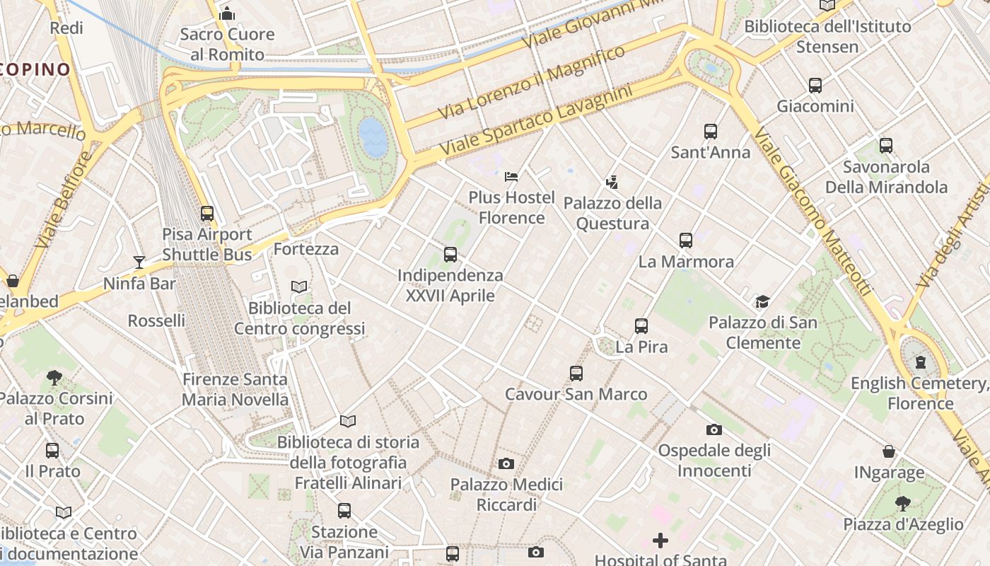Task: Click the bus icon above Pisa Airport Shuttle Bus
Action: tap(206, 213)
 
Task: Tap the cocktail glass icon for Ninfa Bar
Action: tap(139, 262)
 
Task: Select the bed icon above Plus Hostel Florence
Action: tap(511, 176)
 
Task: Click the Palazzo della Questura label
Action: tap(612, 214)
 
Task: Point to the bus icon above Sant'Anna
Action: tap(711, 132)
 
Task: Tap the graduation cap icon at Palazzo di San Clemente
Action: tap(762, 302)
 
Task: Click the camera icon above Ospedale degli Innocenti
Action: tap(714, 429)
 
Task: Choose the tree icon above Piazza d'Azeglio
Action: tap(902, 504)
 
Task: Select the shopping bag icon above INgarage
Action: tap(889, 451)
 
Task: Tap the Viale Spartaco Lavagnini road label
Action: tap(535, 122)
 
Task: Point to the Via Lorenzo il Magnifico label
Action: tap(531, 82)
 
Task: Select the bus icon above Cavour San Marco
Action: tap(576, 374)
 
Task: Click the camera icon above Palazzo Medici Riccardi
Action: tap(506, 464)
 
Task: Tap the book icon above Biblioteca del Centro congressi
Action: tap(299, 287)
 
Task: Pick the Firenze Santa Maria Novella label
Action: tap(235, 389)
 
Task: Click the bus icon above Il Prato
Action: tap(52, 450)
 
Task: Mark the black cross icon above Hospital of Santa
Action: tap(660, 541)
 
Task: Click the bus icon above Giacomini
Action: tap(815, 86)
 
